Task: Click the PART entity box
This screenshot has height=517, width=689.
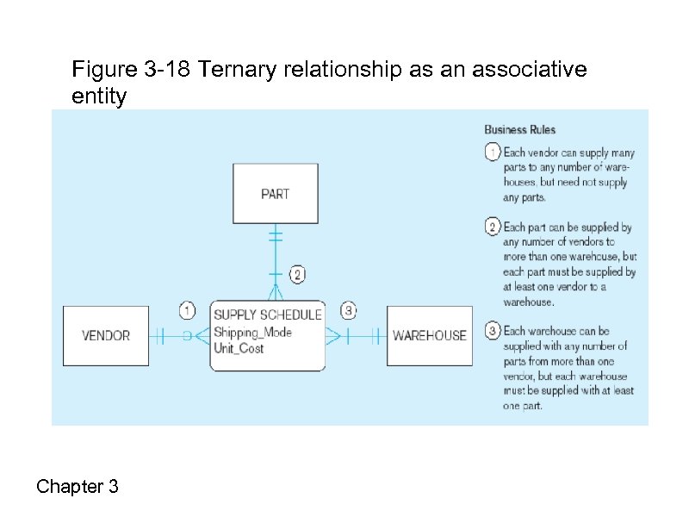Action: pyautogui.click(x=275, y=194)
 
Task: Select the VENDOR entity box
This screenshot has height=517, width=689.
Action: pyautogui.click(x=106, y=335)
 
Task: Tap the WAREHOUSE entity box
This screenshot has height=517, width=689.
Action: pyautogui.click(x=429, y=335)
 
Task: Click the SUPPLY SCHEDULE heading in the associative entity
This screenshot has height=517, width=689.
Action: pyautogui.click(x=267, y=315)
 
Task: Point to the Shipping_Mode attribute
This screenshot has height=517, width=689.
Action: pyautogui.click(x=252, y=332)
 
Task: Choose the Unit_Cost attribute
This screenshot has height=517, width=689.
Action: pyautogui.click(x=239, y=348)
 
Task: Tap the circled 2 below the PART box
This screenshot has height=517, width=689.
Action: pyautogui.click(x=296, y=276)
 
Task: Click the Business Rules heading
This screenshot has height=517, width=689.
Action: pyautogui.click(x=519, y=130)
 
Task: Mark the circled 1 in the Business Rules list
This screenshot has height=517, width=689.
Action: pyautogui.click(x=492, y=152)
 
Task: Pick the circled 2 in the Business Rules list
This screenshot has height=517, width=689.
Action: pyautogui.click(x=492, y=227)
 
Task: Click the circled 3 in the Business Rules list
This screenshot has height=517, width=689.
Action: pyautogui.click(x=492, y=331)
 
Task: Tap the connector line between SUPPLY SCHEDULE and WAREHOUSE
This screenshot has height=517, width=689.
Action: pyautogui.click(x=357, y=336)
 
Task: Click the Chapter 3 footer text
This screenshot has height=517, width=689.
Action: pyautogui.click(x=78, y=487)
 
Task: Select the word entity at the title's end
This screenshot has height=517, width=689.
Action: pyautogui.click(x=99, y=97)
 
